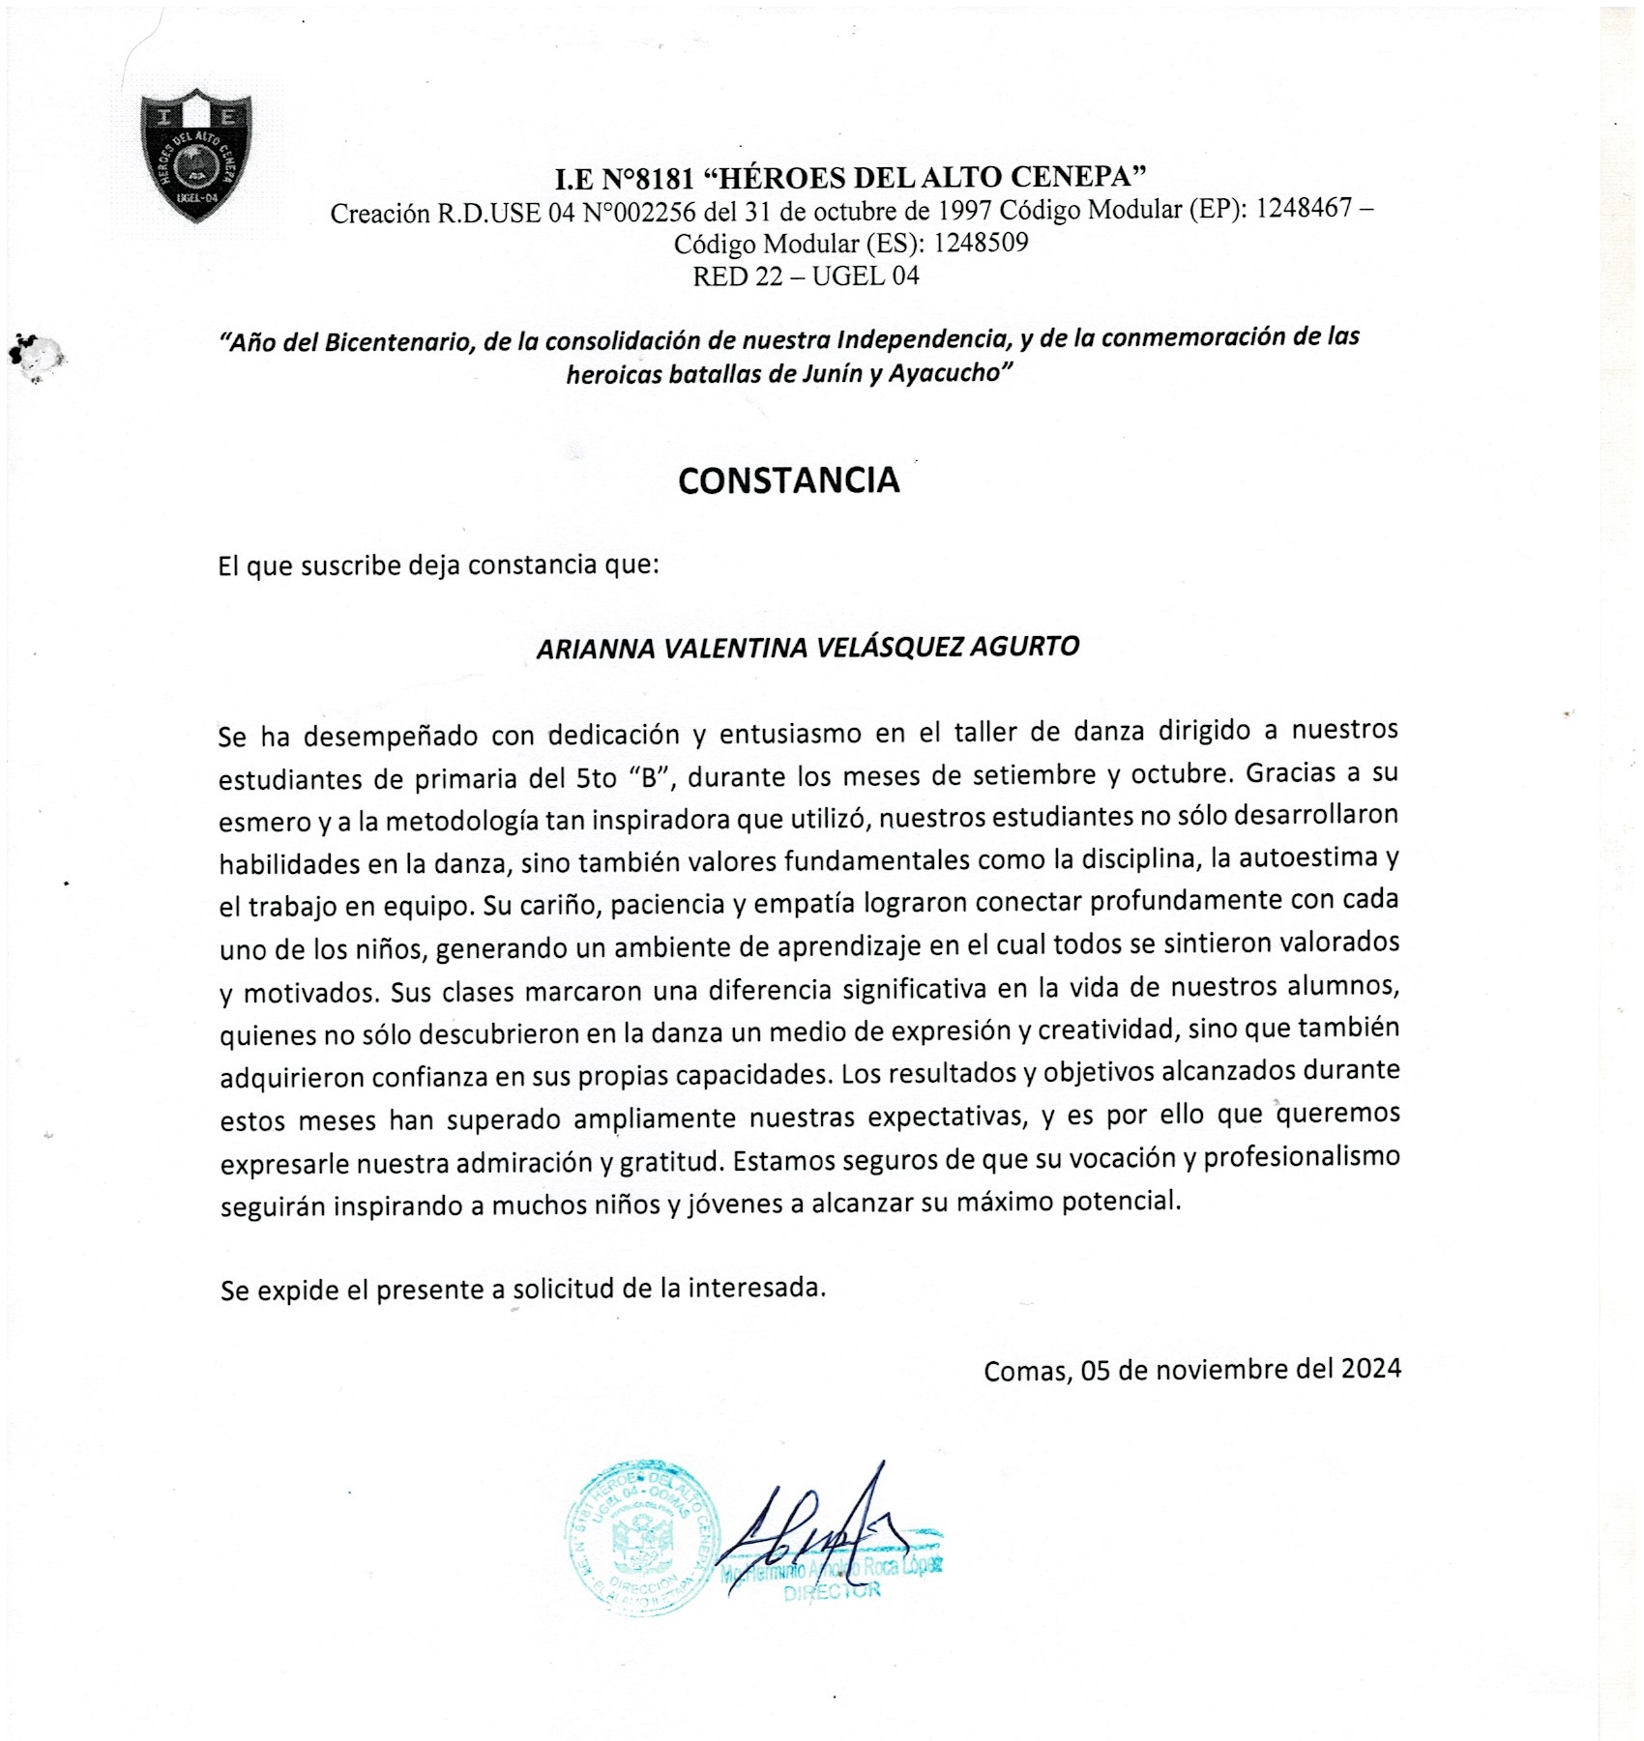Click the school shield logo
coord(196,156)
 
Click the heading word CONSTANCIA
coord(788,480)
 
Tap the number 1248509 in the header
coord(981,242)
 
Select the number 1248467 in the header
coord(1304,208)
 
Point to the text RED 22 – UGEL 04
coord(806,276)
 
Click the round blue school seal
coord(642,1538)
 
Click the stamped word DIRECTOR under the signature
coord(832,1592)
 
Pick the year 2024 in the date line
coord(1370,1368)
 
